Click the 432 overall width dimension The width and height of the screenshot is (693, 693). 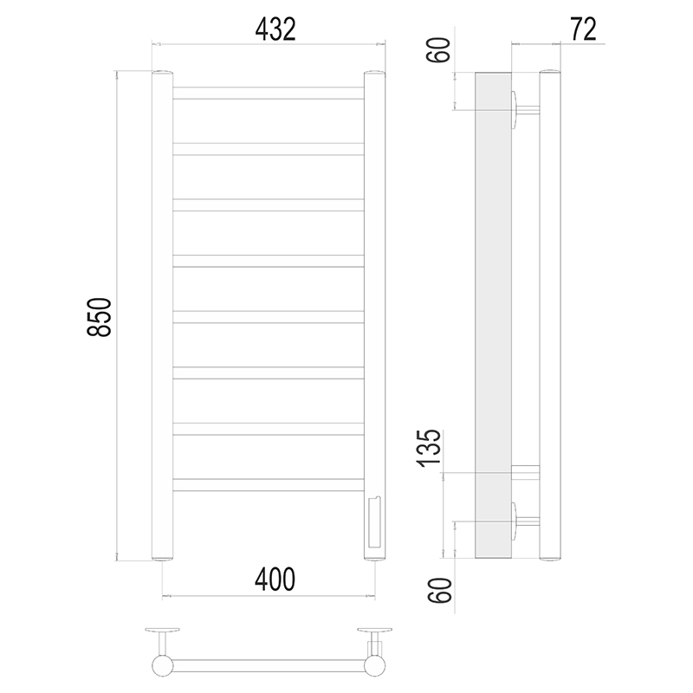pos(275,29)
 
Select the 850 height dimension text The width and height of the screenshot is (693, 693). pos(99,317)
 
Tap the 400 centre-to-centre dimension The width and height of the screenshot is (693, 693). pos(275,580)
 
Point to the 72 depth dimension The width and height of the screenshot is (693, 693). pos(583,29)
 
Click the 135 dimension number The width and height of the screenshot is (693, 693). pos(429,448)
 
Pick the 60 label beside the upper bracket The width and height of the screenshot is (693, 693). pos(439,50)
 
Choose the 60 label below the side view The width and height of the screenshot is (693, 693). pos(440,591)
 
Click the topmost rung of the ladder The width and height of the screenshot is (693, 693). pos(269,93)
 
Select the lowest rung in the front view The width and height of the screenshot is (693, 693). pos(269,485)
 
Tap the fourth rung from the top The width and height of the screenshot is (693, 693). pos(269,261)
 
